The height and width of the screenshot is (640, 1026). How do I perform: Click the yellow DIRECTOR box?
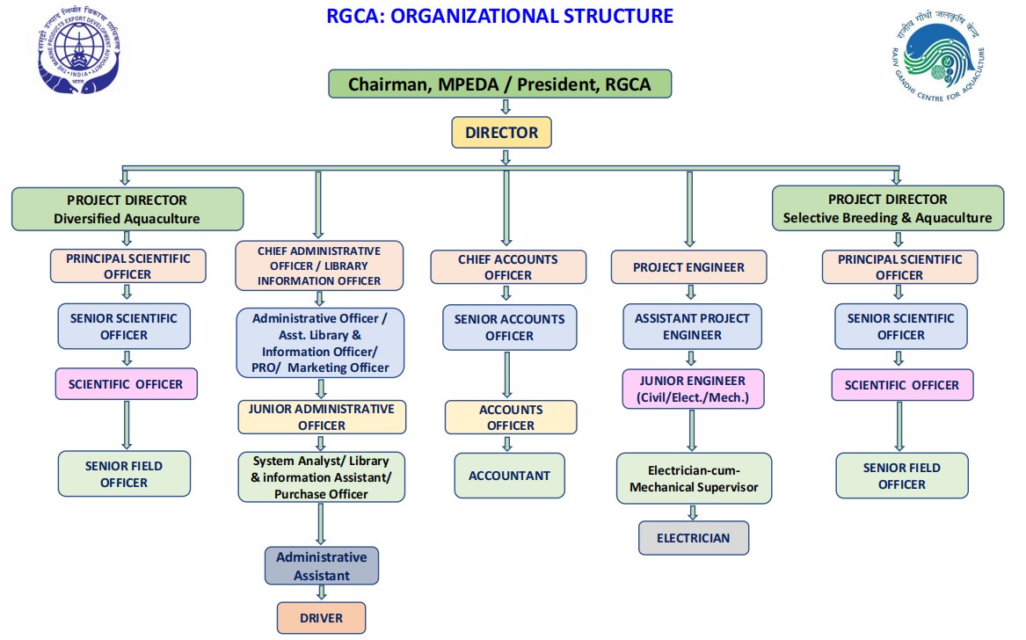click(501, 133)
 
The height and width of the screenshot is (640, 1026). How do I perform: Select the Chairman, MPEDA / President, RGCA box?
click(500, 84)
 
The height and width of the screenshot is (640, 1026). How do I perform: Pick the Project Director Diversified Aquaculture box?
click(127, 209)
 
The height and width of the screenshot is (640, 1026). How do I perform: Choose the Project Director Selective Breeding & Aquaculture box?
click(887, 208)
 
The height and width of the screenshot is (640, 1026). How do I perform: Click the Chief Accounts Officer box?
click(507, 267)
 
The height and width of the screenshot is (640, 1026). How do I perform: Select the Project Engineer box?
click(688, 267)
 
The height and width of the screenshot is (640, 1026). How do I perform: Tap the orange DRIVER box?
click(321, 618)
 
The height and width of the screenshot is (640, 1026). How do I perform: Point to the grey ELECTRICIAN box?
click(694, 538)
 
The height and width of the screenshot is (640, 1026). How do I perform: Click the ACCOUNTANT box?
click(509, 476)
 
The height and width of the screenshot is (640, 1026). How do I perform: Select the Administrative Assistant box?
click(322, 566)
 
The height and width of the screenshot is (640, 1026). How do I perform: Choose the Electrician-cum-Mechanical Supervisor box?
click(694, 478)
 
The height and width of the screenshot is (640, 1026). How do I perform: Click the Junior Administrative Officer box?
click(322, 417)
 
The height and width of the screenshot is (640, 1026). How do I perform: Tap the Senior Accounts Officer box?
click(509, 327)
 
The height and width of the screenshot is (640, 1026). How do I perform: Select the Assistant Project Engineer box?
click(692, 326)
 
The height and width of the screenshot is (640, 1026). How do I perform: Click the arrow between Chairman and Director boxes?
click(505, 106)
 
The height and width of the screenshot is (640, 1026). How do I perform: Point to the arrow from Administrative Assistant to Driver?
click(321, 593)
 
